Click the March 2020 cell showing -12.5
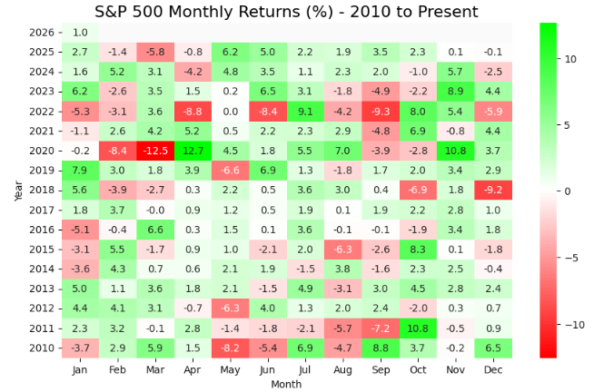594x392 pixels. pyautogui.click(x=155, y=151)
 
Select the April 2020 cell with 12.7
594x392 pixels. pyautogui.click(x=193, y=151)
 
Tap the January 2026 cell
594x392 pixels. pyautogui.click(x=80, y=33)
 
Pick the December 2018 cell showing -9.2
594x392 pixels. pyautogui.click(x=493, y=190)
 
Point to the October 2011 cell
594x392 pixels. pyautogui.click(x=418, y=328)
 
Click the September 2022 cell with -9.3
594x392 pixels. pyautogui.click(x=381, y=112)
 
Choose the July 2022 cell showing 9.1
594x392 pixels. pyautogui.click(x=305, y=112)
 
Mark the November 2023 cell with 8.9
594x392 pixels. pyautogui.click(x=455, y=92)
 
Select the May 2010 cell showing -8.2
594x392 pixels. pyautogui.click(x=231, y=348)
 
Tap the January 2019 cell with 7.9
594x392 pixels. pyautogui.click(x=80, y=171)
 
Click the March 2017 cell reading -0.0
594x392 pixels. pyautogui.click(x=155, y=210)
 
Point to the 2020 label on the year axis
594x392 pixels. pyautogui.click(x=42, y=151)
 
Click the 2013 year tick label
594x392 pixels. pyautogui.click(x=42, y=289)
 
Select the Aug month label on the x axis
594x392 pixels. pyautogui.click(x=342, y=369)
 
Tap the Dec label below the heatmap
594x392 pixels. pyautogui.click(x=493, y=369)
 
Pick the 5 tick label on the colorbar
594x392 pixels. pyautogui.click(x=567, y=125)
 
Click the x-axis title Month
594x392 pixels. pyautogui.click(x=286, y=384)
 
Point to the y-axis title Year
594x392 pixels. pyautogui.click(x=18, y=191)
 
